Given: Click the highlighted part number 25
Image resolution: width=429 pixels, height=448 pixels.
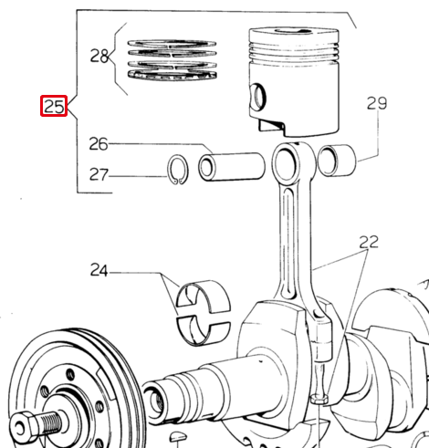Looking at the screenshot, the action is (x=54, y=106).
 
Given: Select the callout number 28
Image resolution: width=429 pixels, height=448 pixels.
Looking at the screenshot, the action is (x=99, y=56).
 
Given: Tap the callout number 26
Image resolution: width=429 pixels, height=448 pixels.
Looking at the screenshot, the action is (x=99, y=144).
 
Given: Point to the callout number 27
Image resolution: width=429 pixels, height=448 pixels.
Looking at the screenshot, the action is (x=99, y=174).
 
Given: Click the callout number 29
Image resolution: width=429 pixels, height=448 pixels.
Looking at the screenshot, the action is (x=377, y=103).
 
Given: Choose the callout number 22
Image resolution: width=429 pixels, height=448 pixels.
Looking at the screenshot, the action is (x=369, y=242).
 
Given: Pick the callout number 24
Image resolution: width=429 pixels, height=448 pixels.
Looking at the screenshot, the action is (x=99, y=270).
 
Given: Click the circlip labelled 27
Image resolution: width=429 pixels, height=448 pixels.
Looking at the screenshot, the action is (x=178, y=170).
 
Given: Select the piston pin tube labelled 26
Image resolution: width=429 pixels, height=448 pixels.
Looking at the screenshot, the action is (x=232, y=167).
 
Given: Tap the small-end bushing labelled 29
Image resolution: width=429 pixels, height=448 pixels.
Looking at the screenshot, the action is (x=337, y=160).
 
